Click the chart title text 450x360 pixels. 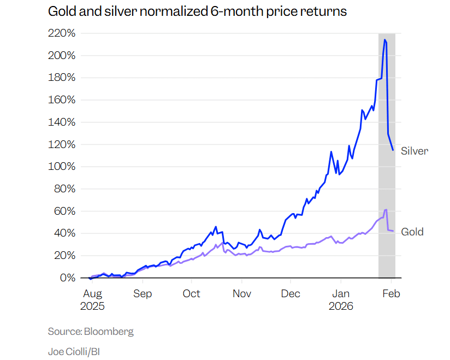click(x=197, y=11)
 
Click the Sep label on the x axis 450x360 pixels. click(x=143, y=294)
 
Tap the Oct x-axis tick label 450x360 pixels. click(x=192, y=294)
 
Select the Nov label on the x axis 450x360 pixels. click(x=242, y=294)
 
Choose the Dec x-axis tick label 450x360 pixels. click(x=291, y=294)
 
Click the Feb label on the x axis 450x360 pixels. click(x=392, y=294)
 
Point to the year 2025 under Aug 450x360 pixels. click(x=92, y=306)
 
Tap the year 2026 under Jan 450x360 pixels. click(x=341, y=306)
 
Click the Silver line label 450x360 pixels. click(x=415, y=151)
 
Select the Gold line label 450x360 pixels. click(x=412, y=232)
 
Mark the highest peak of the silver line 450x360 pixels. click(x=385, y=39)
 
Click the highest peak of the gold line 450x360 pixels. click(x=386, y=210)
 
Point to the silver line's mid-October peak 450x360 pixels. click(x=216, y=227)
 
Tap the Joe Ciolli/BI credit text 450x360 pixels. click(x=74, y=352)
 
